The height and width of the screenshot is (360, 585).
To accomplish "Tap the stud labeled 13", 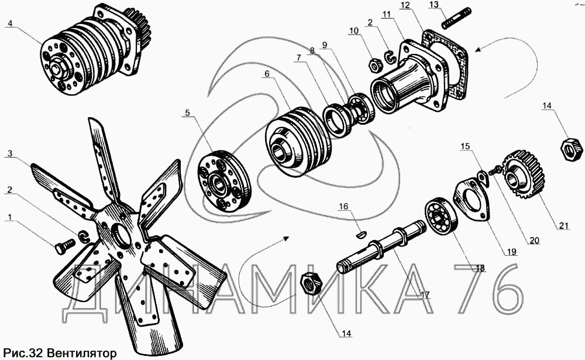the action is tap(456, 18).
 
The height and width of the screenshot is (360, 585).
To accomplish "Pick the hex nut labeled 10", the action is tap(374, 66).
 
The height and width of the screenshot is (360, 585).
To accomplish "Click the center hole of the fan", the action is tap(119, 234).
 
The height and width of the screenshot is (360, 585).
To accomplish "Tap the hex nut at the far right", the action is tap(572, 149).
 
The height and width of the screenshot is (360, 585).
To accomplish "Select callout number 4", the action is tap(10, 23).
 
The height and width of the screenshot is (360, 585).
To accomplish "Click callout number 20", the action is tap(535, 241).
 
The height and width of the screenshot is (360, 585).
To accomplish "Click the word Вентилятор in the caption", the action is tap(82, 353).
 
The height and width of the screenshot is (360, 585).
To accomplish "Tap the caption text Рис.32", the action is tap(24, 353).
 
